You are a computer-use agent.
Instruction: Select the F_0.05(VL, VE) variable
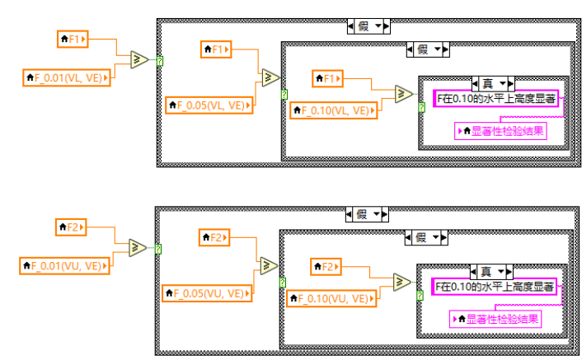[x=209, y=105]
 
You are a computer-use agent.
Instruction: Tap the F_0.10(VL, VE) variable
[x=331, y=109]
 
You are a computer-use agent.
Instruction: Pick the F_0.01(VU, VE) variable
[x=65, y=265]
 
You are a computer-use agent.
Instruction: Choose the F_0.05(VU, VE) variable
[x=207, y=292]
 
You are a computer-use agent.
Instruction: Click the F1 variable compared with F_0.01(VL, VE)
[x=73, y=38]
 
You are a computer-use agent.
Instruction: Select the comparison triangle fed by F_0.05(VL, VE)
[x=270, y=78]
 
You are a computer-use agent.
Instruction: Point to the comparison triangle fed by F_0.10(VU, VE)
[x=402, y=282]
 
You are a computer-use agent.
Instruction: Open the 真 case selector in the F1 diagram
[x=492, y=83]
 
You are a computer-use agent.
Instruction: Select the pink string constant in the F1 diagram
[x=496, y=99]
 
